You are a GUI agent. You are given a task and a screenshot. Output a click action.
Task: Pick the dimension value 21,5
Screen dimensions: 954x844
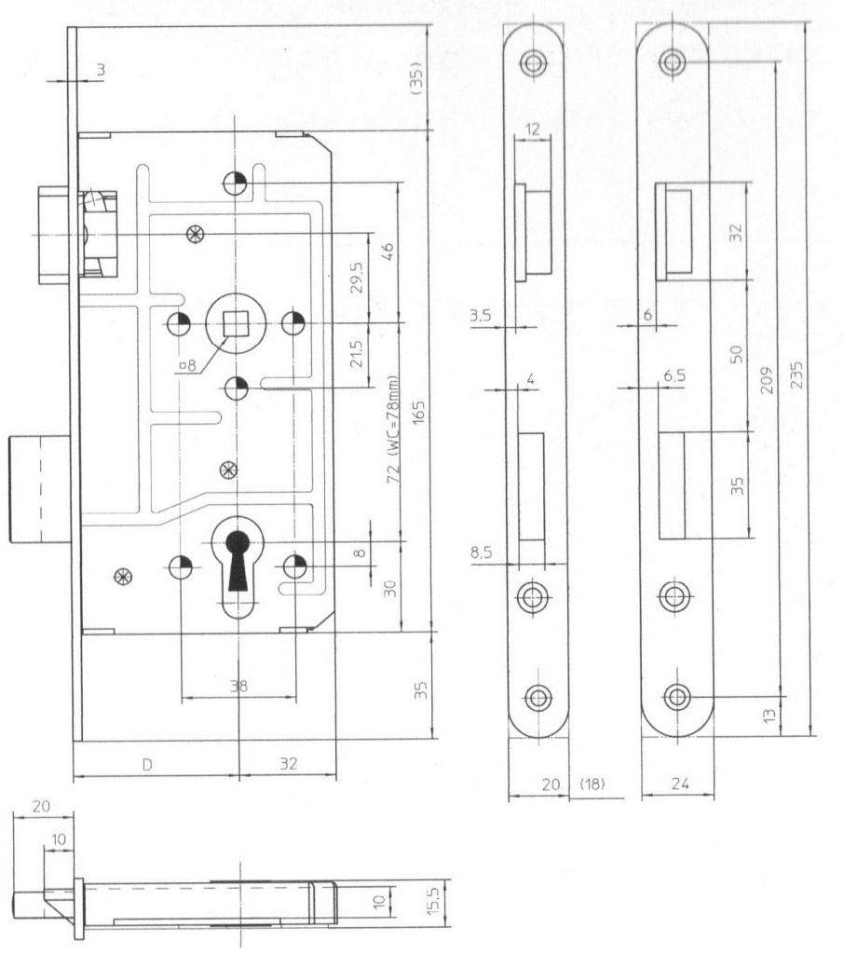(x=355, y=354)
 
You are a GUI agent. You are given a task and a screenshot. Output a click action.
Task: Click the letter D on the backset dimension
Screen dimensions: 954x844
(x=146, y=764)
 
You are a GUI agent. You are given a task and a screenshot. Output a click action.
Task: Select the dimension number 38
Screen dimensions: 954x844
(x=238, y=686)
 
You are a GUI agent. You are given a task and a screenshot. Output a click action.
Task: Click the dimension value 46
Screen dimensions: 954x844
(x=388, y=252)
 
